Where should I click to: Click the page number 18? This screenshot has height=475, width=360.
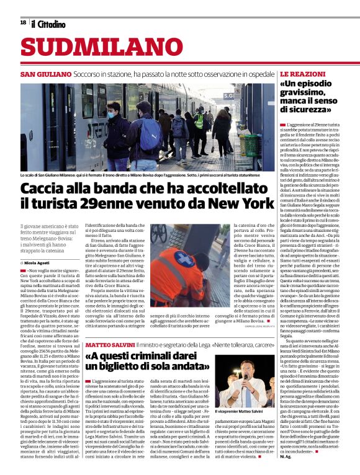(x=23, y=23)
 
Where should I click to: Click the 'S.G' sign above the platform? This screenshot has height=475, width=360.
(x=228, y=95)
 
